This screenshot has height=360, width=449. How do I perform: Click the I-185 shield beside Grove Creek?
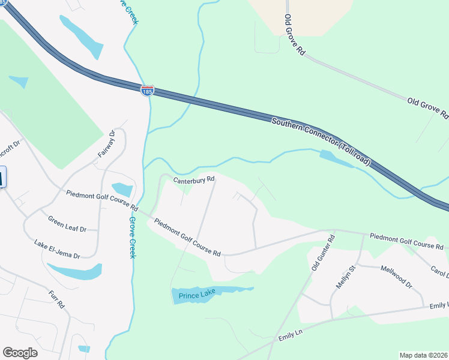(x=147, y=91)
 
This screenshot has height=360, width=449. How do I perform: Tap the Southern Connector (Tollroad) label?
(x=322, y=142)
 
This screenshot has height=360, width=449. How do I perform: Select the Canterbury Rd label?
(x=194, y=179)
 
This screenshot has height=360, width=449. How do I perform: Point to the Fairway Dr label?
(x=106, y=145)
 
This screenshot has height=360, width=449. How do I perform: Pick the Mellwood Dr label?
(x=396, y=276)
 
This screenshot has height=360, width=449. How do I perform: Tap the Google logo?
(x=20, y=353)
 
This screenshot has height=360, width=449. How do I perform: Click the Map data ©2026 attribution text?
(x=423, y=355)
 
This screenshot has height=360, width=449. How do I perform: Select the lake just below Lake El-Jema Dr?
(x=75, y=271)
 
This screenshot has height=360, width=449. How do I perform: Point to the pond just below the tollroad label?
(x=336, y=158)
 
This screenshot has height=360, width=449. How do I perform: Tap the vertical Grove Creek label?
(x=132, y=238)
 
